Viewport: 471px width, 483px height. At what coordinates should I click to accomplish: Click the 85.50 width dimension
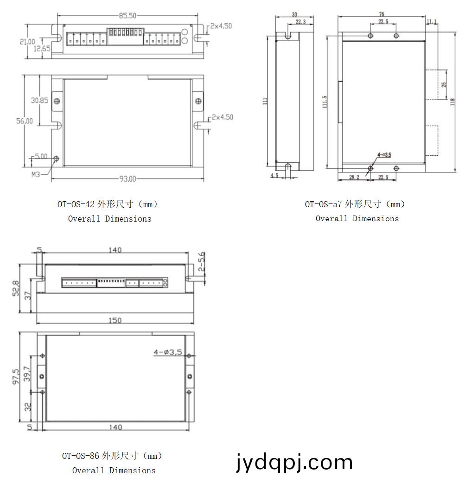(127, 16)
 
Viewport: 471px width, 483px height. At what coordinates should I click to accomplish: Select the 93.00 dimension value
(127, 179)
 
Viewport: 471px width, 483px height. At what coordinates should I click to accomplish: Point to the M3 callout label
(37, 174)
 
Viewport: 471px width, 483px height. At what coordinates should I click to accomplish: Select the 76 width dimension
(382, 14)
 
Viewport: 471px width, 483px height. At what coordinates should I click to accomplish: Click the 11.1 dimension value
(431, 22)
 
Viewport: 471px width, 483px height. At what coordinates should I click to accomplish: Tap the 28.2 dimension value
(354, 178)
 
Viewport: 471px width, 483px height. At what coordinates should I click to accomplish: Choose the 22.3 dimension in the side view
(300, 22)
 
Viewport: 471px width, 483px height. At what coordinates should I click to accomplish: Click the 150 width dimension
(115, 320)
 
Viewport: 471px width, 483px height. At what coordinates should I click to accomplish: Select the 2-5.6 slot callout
(202, 262)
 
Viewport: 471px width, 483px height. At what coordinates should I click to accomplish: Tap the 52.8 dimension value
(16, 288)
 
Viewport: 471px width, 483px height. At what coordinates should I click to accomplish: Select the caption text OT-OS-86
(81, 456)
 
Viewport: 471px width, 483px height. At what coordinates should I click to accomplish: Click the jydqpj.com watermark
(294, 462)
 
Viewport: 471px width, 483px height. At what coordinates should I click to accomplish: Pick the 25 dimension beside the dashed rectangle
(444, 85)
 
